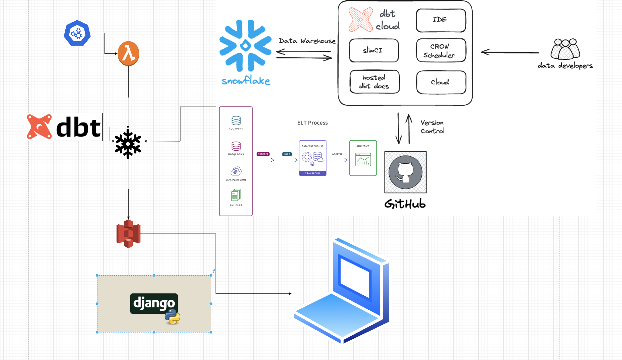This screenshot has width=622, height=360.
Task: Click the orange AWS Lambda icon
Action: point(128,53)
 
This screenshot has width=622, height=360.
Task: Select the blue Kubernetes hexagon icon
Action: point(77,33)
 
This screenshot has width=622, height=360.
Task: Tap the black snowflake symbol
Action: point(128,144)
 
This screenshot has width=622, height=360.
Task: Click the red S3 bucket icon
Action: point(128,234)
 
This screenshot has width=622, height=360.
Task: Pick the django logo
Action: point(154,303)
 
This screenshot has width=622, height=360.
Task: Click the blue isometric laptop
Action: point(342,291)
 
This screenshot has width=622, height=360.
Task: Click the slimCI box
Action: point(374,50)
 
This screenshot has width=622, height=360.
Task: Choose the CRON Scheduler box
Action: point(441,51)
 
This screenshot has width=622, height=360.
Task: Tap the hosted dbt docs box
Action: point(375,82)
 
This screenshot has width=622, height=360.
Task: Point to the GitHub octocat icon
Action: point(405,172)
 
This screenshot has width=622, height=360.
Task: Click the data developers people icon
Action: point(565,49)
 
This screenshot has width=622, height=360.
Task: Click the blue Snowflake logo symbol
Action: point(246,46)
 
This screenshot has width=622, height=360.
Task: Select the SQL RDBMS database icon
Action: point(236,121)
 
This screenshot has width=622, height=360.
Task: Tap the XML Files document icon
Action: point(236,195)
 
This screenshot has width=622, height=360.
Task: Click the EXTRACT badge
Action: point(263,154)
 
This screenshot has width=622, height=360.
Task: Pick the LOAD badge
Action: point(287,154)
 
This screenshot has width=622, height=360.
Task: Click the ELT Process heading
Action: point(312,123)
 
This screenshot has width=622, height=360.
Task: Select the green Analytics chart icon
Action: point(363,159)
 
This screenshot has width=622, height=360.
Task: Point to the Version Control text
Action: point(432,127)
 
